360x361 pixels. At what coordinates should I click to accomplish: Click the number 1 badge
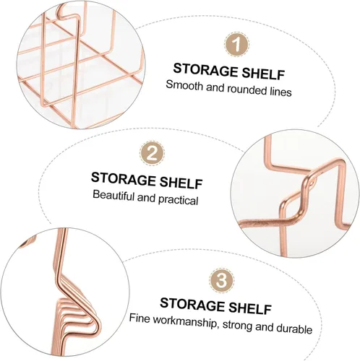pyautogui.click(x=236, y=45)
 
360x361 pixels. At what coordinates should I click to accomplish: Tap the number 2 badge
pyautogui.click(x=153, y=153)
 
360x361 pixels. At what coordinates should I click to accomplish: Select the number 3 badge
pyautogui.click(x=221, y=281)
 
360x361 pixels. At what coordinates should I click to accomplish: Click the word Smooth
pyautogui.click(x=184, y=85)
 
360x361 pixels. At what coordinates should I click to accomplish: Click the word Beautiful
pyautogui.click(x=113, y=195)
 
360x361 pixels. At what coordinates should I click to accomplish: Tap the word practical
pyautogui.click(x=179, y=200)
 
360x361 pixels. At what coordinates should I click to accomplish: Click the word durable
pyautogui.click(x=294, y=329)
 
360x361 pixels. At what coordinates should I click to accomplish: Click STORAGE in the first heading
pyautogui.click(x=205, y=70)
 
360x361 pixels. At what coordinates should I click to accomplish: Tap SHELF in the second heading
pyautogui.click(x=181, y=183)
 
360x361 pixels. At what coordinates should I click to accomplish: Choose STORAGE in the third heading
pyautogui.click(x=192, y=304)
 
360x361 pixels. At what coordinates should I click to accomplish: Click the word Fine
pyautogui.click(x=140, y=318)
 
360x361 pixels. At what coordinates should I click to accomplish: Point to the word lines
pyautogui.click(x=280, y=92)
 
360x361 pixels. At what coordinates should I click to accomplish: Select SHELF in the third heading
pyautogui.click(x=250, y=308)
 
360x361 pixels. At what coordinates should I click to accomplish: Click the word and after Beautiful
pyautogui.click(x=146, y=198)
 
